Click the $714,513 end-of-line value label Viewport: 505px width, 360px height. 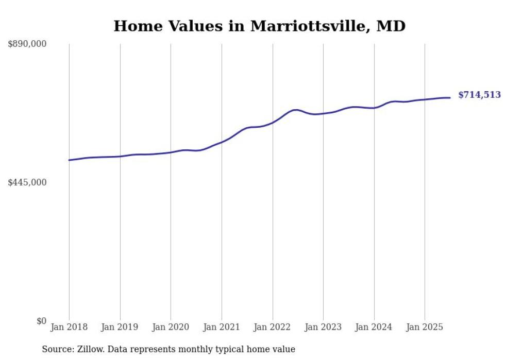coord(479,95)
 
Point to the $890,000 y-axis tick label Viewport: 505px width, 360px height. coord(27,44)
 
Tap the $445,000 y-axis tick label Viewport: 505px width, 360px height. coord(27,182)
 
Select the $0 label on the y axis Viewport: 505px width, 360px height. coord(41,321)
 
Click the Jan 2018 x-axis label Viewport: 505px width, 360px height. coord(69,327)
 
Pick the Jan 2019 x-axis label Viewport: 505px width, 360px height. coord(120,327)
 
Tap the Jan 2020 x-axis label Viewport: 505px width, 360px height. coord(171,327)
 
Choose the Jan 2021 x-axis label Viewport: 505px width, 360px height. coord(222,327)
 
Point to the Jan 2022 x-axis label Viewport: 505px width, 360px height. coord(273,327)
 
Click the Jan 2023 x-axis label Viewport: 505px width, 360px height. coord(323,327)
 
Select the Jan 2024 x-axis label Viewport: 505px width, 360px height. coord(374,327)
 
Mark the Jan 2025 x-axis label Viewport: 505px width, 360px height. coord(425,327)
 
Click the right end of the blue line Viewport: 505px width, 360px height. coord(450,98)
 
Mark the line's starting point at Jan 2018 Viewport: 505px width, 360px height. coord(69,160)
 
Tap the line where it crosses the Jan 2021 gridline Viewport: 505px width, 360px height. coord(222,142)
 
